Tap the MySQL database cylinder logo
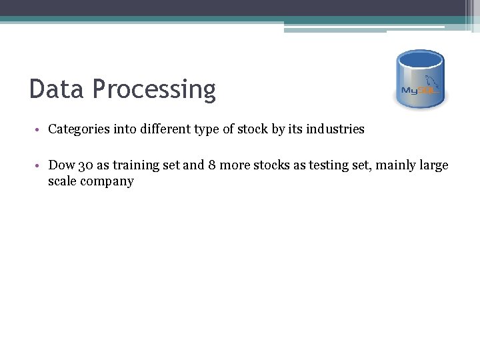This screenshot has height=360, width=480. click(x=420, y=79)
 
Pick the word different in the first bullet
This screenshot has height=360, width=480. click(x=165, y=129)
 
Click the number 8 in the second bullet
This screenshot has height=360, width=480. click(x=211, y=165)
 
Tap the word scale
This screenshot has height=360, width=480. click(x=62, y=181)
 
